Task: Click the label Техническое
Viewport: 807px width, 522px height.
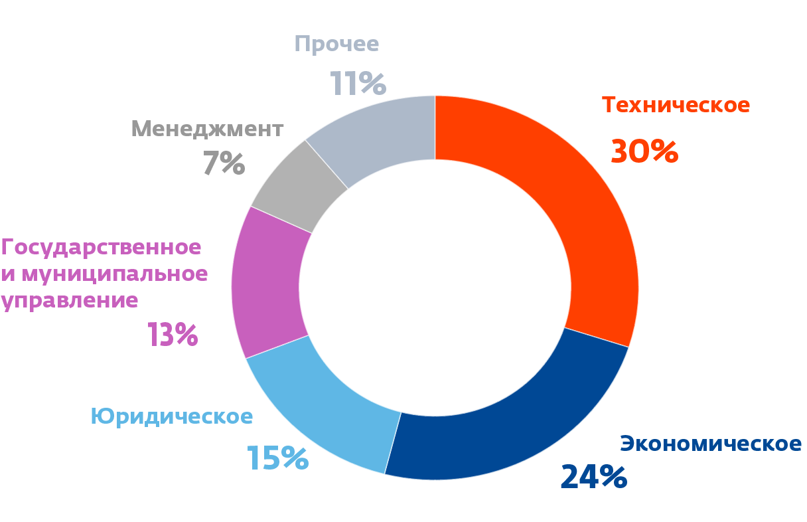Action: pyautogui.click(x=676, y=105)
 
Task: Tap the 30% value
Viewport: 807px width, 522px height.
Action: pyautogui.click(x=644, y=151)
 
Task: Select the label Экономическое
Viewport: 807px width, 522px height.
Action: pyautogui.click(x=711, y=443)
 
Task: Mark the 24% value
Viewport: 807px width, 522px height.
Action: pyautogui.click(x=593, y=477)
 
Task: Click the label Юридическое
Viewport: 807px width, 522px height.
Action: pyautogui.click(x=172, y=416)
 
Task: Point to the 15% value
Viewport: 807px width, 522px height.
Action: pyautogui.click(x=277, y=458)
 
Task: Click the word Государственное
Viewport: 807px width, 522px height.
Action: pyautogui.click(x=101, y=247)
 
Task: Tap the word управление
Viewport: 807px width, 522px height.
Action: pyautogui.click(x=70, y=300)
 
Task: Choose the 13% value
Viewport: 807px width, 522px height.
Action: pyautogui.click(x=173, y=335)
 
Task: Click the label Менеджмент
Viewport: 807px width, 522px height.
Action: pyautogui.click(x=207, y=128)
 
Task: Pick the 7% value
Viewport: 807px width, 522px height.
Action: pyautogui.click(x=224, y=163)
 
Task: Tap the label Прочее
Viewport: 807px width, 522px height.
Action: pyautogui.click(x=336, y=44)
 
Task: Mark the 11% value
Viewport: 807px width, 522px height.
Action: pyautogui.click(x=358, y=84)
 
